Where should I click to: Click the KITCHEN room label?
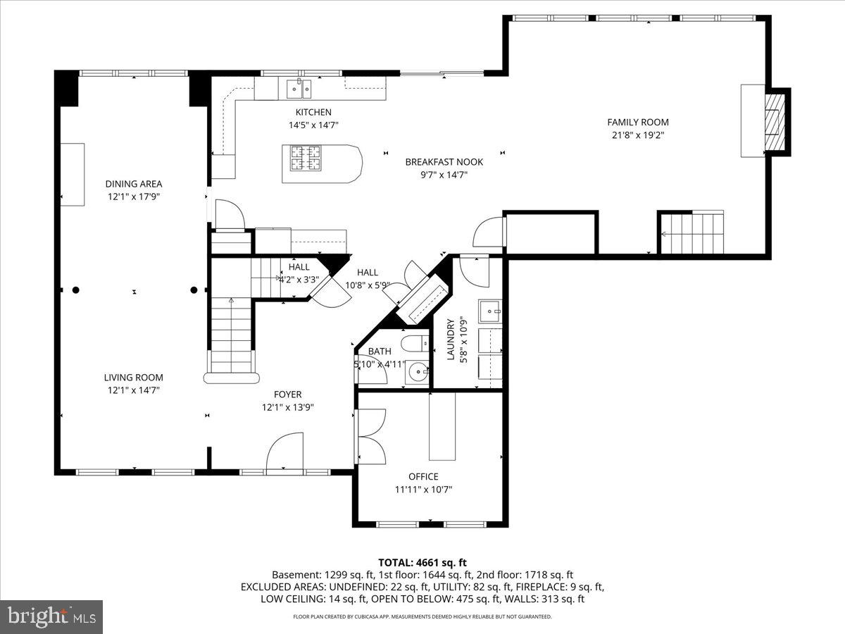pos(313,112)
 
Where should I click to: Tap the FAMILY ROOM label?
pos(638,122)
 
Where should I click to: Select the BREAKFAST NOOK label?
pos(444,162)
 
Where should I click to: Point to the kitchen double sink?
pos(299,89)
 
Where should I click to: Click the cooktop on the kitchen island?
pos(306,158)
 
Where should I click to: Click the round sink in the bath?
pos(418,371)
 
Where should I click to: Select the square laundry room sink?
pos(490,311)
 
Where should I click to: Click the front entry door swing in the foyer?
pos(284,451)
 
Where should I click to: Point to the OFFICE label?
pos(423,477)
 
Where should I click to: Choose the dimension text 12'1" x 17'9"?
pos(134,197)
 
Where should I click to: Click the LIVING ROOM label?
pos(134,378)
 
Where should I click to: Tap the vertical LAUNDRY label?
pos(451,339)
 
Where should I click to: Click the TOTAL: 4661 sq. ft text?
pos(423,563)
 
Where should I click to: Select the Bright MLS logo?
pos(51,616)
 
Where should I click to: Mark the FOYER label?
pos(287,394)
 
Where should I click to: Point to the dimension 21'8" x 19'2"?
pos(638,135)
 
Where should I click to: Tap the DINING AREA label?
pos(134,184)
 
